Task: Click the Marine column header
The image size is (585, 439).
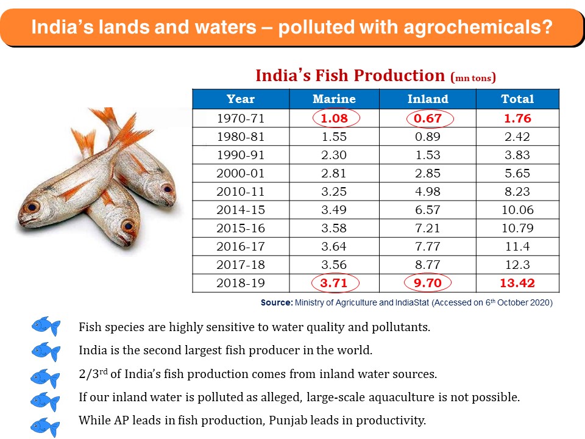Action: [x=334, y=99]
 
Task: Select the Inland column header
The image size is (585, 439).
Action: [x=427, y=99]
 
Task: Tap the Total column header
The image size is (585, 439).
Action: [x=517, y=99]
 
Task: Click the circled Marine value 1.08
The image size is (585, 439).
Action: [x=334, y=118]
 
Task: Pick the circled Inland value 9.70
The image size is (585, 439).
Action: [x=427, y=283]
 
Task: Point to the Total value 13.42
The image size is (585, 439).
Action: [x=517, y=283]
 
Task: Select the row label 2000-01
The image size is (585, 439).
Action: [x=240, y=173]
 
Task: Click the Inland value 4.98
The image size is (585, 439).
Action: [x=427, y=191]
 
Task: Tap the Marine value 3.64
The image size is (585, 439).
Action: [x=334, y=246]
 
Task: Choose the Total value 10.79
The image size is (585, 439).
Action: [x=517, y=228]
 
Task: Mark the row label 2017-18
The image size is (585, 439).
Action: [x=240, y=265]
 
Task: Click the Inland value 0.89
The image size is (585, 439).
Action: [x=427, y=137]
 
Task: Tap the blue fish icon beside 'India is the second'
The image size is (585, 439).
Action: [x=46, y=352]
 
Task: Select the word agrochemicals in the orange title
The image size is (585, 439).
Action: [x=473, y=27]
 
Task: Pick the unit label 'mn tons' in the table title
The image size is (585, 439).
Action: [x=473, y=78]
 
